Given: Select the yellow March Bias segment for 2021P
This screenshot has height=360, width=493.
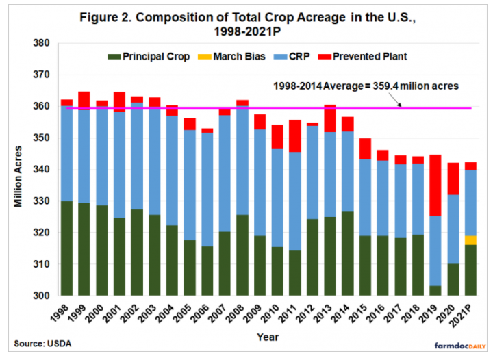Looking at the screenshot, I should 471,240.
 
